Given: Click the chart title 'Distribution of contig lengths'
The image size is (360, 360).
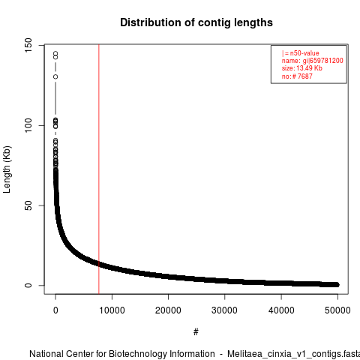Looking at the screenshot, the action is tap(196, 22).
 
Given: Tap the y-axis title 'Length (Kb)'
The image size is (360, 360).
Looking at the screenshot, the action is tap(7, 169).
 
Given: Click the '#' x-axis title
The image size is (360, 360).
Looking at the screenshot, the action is tap(196, 331).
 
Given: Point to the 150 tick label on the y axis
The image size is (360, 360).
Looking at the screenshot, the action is tap(28, 45).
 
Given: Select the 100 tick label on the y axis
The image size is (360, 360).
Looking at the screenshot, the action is tap(28, 125).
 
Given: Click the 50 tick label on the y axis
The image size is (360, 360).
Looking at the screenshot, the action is tap(28, 205).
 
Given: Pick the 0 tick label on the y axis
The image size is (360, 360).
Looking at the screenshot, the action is tap(28, 285).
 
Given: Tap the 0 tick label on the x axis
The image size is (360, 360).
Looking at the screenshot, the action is tap(55, 310).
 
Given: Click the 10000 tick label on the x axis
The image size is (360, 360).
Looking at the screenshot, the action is tap(112, 310).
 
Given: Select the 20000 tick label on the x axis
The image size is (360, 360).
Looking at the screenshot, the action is tap(168, 310).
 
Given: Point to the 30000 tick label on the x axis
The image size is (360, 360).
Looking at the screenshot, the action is tap(224, 310).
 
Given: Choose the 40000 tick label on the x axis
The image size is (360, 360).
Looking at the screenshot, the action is tap(281, 310).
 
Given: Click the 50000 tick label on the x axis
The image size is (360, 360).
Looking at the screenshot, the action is tap(337, 310).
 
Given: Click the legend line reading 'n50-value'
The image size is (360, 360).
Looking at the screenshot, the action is tap(301, 53).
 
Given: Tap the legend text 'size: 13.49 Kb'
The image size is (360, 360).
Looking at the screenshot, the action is tap(302, 68).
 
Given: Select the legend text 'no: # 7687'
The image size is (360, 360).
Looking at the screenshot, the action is tap(297, 76).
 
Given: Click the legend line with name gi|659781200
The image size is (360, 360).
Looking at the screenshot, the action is tap(313, 61).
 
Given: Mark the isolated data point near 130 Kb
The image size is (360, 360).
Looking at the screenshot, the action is tap(55, 76).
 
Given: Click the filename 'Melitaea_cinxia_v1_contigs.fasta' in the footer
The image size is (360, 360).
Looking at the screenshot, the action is tap(293, 354).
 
